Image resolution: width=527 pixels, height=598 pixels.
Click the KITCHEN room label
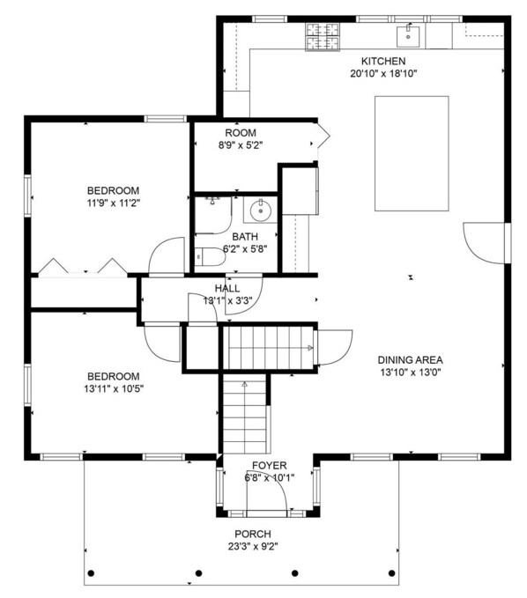(x=383, y=61)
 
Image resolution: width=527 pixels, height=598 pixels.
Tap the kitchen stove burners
(x=323, y=37)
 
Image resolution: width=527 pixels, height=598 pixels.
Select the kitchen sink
(x=408, y=36)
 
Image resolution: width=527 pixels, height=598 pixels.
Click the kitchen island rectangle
(x=412, y=153)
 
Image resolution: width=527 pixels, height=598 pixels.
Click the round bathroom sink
(x=261, y=210)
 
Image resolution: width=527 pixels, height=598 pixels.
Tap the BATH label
(x=245, y=237)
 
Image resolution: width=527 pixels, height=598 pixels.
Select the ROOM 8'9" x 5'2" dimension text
(x=241, y=145)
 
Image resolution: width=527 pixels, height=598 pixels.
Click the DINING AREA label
(x=410, y=359)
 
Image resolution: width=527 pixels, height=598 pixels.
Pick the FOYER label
(x=270, y=465)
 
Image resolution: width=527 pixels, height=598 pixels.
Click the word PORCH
(x=253, y=534)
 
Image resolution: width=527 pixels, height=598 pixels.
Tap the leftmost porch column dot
(x=91, y=573)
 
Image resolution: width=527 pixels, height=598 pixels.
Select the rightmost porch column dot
(x=391, y=573)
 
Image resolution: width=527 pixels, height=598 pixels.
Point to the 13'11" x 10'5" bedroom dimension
(x=114, y=389)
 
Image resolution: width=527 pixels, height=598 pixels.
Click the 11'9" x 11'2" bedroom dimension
(x=114, y=203)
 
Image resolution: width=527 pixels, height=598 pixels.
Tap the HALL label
(x=227, y=288)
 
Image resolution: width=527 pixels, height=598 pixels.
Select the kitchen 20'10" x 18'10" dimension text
(x=383, y=74)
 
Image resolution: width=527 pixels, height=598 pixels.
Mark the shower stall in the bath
(x=213, y=215)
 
